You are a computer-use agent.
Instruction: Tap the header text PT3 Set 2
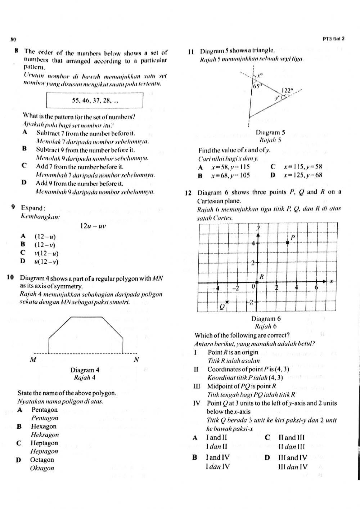333,39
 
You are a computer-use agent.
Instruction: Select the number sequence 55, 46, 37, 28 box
95,100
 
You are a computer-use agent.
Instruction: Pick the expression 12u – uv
93,226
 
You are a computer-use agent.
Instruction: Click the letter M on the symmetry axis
33,360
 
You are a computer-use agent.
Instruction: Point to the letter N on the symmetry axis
136,360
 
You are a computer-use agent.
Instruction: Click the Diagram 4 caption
85,370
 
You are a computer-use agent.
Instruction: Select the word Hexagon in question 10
44,427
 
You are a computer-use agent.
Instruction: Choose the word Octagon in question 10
42,460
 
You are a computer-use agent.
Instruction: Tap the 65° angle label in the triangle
257,86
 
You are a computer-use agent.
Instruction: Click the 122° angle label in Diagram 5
287,91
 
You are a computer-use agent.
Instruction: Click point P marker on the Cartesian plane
288,243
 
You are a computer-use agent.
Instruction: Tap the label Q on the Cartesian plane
222,306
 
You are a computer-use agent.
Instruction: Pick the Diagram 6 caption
266,318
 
